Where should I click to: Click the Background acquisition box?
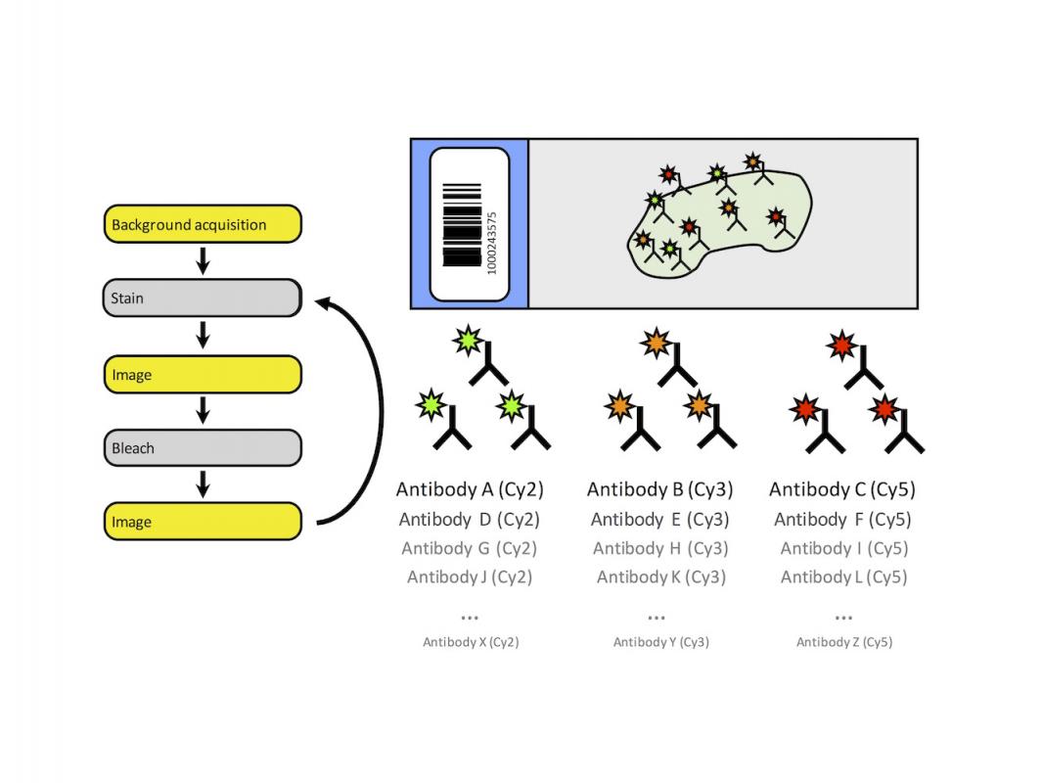click(x=203, y=224)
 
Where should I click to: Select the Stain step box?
click(x=203, y=299)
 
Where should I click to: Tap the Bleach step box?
click(x=203, y=448)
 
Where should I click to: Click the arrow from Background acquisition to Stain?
click(x=203, y=260)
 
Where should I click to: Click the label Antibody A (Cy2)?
click(x=470, y=489)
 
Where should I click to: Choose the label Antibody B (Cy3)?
click(x=659, y=489)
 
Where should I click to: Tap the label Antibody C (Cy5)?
click(x=842, y=489)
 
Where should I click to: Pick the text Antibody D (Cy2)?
click(x=470, y=520)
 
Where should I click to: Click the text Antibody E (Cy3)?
click(x=659, y=520)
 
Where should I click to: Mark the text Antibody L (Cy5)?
click(x=843, y=577)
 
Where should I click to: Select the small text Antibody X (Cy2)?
click(x=470, y=642)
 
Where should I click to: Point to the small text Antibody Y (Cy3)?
click(x=660, y=642)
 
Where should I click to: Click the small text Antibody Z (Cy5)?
click(x=843, y=642)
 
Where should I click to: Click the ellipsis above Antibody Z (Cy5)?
click(x=843, y=618)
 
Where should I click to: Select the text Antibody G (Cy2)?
click(x=469, y=548)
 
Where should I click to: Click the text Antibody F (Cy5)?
click(x=842, y=520)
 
